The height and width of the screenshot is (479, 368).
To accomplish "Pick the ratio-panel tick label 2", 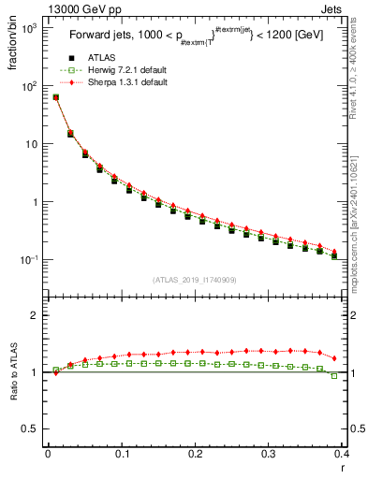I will [x=35, y=315].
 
